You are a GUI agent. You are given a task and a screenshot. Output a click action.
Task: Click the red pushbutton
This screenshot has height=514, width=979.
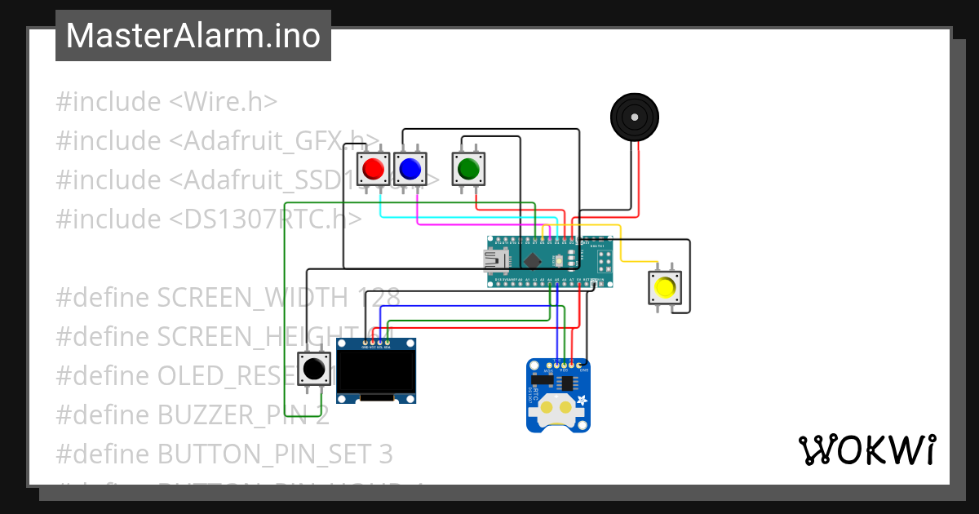click(374, 169)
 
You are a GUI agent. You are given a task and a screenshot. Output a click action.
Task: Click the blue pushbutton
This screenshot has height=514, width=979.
click(410, 169)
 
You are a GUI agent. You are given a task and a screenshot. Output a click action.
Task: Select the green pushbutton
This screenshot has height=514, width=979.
click(468, 169)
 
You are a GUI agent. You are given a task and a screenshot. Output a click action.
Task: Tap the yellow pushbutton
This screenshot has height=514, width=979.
click(665, 287)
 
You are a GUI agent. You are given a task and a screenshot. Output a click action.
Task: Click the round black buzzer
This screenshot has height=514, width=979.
click(634, 117)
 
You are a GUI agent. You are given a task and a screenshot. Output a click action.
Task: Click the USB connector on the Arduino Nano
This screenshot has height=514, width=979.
click(495, 261)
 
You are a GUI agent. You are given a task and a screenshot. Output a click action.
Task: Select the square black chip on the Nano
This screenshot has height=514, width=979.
click(533, 261)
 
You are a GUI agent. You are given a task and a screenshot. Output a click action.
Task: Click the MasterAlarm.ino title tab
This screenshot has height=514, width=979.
click(193, 36)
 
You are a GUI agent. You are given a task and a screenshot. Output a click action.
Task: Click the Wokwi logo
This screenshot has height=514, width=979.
click(866, 450)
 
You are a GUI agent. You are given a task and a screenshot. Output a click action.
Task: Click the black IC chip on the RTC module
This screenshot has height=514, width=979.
click(564, 382)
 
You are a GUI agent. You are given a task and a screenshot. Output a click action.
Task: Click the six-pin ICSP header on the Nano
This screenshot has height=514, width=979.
click(605, 261)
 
